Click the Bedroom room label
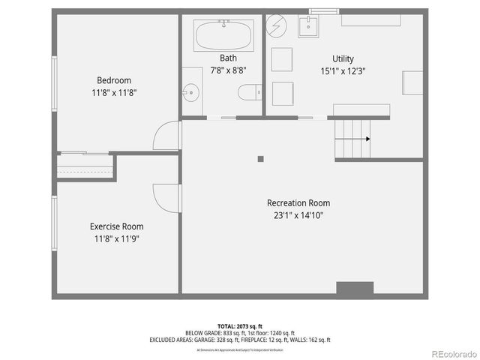coord(114,80)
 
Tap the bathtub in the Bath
coord(224,34)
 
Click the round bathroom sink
coord(192,94)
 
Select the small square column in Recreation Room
coord(260,158)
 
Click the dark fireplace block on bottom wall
coord(355,289)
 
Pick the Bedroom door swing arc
coord(166,136)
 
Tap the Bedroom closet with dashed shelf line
coord(84,165)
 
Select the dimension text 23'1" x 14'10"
coord(298,216)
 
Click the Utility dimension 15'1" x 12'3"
coord(343,71)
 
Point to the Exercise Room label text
coord(116,226)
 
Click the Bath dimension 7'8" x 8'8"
coord(228,70)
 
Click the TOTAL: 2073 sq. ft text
coord(240,327)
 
